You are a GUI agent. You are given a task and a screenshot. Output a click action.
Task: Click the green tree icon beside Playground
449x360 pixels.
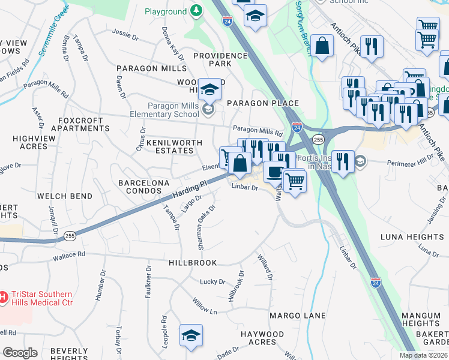[196, 11]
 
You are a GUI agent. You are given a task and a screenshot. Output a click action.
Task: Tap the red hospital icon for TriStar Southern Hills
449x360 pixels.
[3, 297]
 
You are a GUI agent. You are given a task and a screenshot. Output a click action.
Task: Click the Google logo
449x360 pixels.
[20, 353]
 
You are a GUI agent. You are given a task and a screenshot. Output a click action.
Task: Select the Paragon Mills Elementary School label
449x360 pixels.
[164, 110]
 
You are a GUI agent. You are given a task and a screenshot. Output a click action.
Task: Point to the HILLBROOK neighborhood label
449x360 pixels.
[193, 263]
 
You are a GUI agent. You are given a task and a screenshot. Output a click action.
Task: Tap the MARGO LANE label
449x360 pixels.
[297, 315]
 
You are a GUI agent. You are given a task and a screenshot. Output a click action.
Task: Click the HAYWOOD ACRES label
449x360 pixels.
[262, 338]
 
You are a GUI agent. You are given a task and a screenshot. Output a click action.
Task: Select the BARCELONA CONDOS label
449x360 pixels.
[144, 186]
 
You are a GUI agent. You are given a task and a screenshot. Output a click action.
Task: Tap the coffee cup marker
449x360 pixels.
[274, 172]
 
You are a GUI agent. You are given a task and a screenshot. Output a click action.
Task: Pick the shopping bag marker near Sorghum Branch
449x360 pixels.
[322, 45]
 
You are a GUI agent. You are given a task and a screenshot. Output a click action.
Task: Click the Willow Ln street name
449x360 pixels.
[205, 304]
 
